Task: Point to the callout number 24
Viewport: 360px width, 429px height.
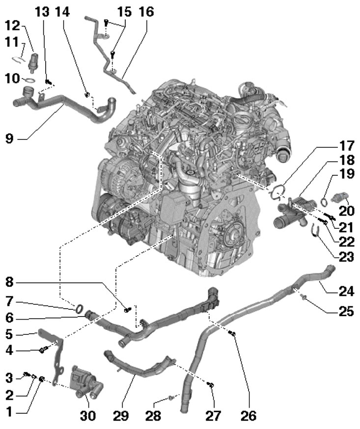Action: point(345,290)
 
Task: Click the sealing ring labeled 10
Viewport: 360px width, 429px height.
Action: point(30,79)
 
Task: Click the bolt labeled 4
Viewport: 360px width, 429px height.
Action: point(43,350)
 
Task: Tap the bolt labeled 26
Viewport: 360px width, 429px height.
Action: point(233,335)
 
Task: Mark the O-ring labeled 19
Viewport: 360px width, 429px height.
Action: point(324,199)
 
